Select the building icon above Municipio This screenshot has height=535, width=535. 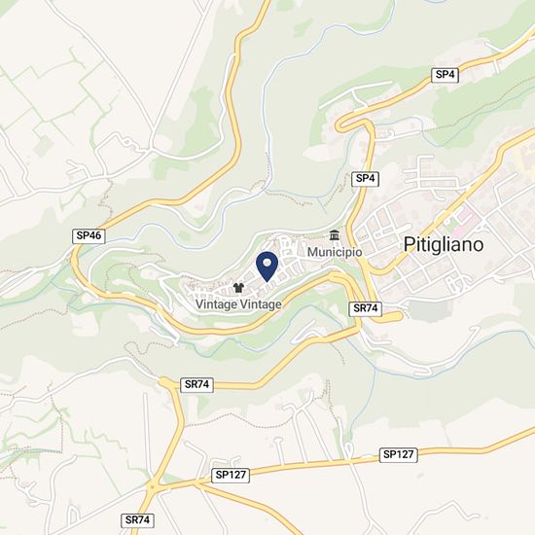[x=335, y=235]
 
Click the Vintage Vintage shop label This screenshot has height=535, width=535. [x=238, y=304]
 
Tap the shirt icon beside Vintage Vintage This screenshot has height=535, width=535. [x=238, y=289]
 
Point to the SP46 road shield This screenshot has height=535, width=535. [x=88, y=235]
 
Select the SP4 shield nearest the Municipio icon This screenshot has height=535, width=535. [x=365, y=179]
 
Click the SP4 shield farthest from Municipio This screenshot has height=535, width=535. [x=446, y=74]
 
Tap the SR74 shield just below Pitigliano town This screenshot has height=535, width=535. [x=365, y=307]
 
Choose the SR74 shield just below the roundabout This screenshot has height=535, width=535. [x=138, y=520]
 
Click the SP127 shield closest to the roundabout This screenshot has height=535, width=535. [x=232, y=475]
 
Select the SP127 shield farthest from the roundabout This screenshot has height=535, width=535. [x=399, y=454]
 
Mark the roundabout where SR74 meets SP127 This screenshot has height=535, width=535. [x=153, y=484]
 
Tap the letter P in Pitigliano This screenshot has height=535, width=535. [x=409, y=245]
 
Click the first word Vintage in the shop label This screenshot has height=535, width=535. [x=216, y=304]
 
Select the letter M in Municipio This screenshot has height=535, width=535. [x=313, y=252]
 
